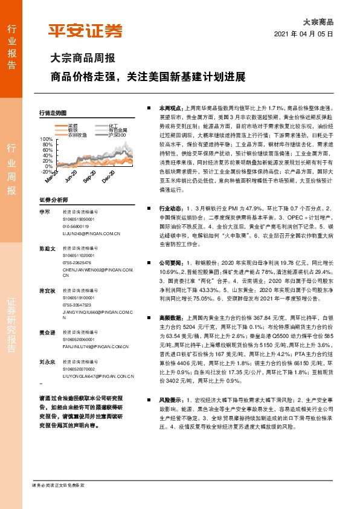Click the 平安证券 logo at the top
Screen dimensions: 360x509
[85, 31]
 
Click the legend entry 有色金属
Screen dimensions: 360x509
[118, 130]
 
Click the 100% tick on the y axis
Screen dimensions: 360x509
[45, 139]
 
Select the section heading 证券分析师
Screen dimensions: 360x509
[53, 199]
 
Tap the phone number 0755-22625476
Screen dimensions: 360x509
[77, 263]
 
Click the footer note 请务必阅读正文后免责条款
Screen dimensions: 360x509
[58, 485]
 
